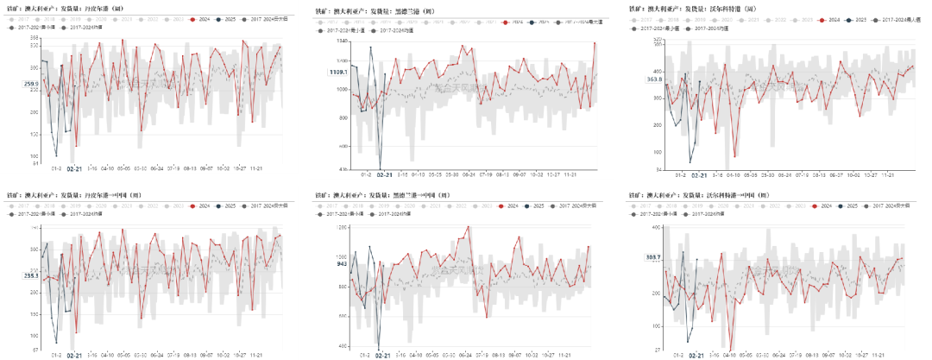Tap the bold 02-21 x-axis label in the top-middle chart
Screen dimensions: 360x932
pos(383,175)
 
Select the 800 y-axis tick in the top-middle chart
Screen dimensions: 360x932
pos(342,114)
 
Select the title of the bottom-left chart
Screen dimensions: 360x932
pos(66,196)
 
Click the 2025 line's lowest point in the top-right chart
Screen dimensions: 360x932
pos(690,162)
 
